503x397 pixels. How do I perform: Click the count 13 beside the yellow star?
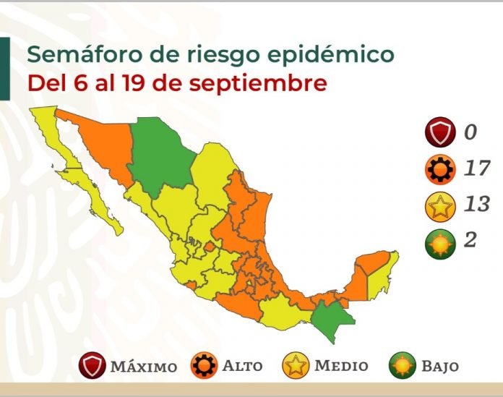(x=476, y=205)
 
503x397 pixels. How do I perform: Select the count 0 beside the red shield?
(x=470, y=132)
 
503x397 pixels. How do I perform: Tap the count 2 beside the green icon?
(x=470, y=241)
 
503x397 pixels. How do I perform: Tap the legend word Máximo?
(x=143, y=366)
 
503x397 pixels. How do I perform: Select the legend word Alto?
(x=242, y=366)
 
